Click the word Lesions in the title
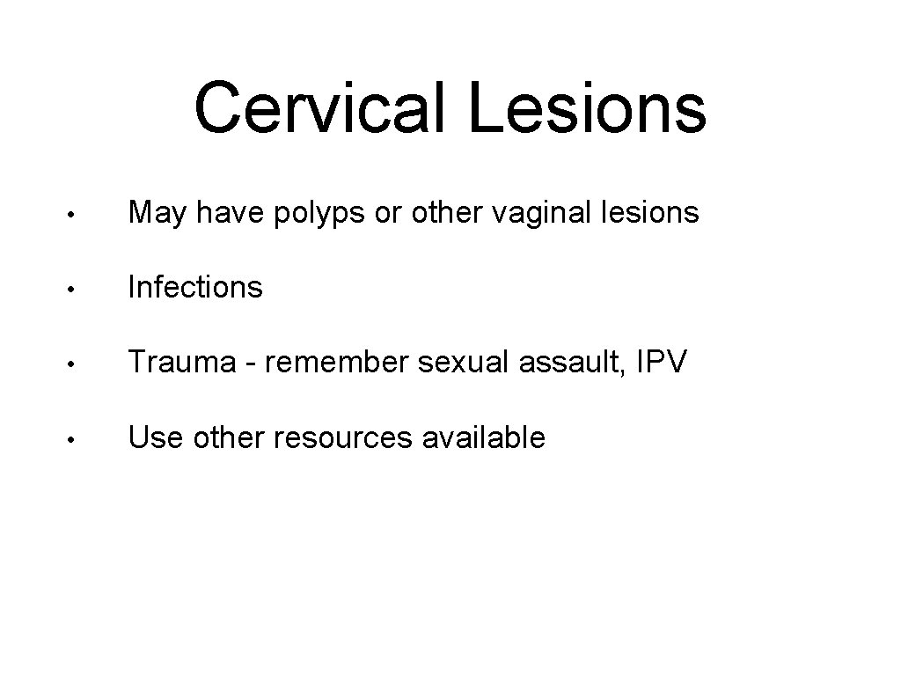[x=587, y=107]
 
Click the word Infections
[x=195, y=286]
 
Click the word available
[x=484, y=437]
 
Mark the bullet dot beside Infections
[x=78, y=289]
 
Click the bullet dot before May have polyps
[x=78, y=214]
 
